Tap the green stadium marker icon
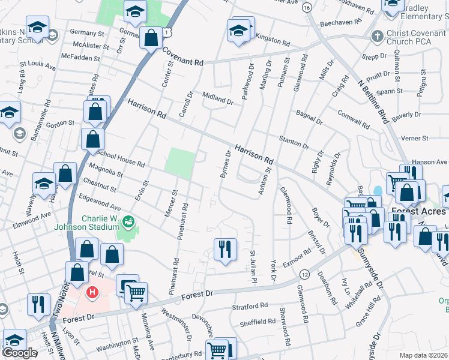pos(127,223)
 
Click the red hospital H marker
pos(92,293)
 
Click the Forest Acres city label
pos(418,211)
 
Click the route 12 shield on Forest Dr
pos(306,274)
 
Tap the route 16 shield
pos(307,7)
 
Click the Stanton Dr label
pos(294,142)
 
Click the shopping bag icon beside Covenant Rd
pos(149,38)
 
